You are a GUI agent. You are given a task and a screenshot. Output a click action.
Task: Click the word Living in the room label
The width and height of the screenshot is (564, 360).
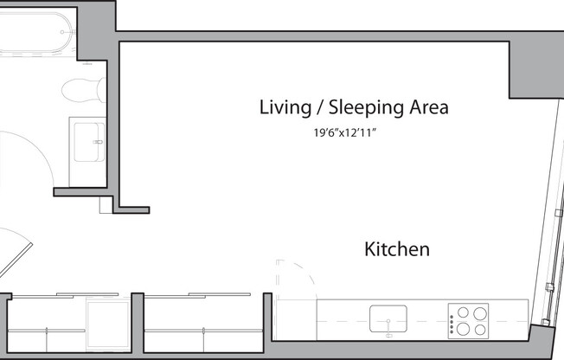284,108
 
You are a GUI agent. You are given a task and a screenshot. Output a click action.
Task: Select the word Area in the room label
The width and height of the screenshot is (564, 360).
429,108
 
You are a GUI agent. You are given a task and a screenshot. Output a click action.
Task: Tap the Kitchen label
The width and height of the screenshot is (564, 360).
397,249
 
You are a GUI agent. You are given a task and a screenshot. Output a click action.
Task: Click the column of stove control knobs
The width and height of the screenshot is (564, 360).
452,320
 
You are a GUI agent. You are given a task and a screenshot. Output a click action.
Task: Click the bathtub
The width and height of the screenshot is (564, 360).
35,31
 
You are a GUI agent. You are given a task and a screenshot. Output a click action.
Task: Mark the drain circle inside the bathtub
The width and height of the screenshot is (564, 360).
63,32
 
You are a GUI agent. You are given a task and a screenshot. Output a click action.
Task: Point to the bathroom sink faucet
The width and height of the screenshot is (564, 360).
99,141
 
